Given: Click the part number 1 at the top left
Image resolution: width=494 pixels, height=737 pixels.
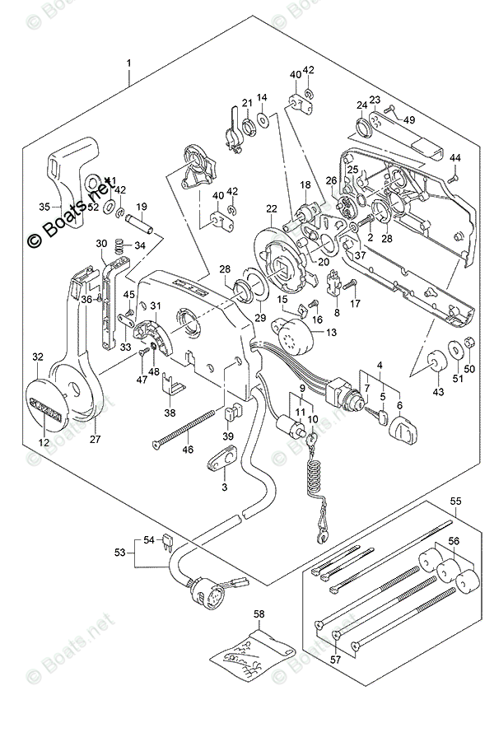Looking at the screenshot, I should pyautogui.click(x=128, y=63).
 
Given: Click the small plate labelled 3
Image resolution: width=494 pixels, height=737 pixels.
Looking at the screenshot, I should pyautogui.click(x=220, y=459).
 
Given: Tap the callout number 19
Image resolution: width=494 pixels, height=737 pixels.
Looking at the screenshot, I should pyautogui.click(x=141, y=207).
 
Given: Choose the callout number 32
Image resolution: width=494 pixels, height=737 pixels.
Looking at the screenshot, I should pyautogui.click(x=37, y=357).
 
